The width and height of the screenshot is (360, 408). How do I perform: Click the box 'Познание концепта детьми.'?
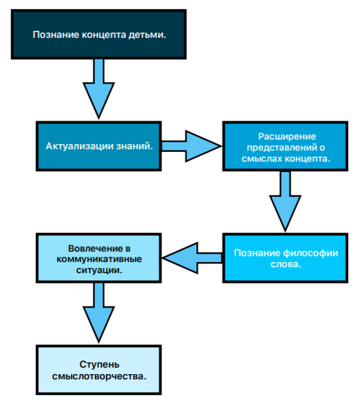point(98,33)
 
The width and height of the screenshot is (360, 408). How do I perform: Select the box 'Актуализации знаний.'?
point(98,146)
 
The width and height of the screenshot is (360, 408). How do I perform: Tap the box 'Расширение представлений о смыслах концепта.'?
point(286,146)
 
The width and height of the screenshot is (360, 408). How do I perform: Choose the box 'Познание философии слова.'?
point(286,259)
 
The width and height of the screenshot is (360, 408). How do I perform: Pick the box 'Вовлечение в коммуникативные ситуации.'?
point(98,259)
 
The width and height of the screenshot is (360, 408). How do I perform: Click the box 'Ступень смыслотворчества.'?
point(98,370)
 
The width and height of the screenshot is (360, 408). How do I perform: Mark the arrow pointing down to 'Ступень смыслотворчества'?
point(98,313)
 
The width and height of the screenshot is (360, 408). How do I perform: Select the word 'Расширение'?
point(286,136)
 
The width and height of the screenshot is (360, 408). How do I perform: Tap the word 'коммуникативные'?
point(98,259)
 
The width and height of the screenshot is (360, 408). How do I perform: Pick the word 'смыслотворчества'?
point(98,376)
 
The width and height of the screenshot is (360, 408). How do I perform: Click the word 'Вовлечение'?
point(91,248)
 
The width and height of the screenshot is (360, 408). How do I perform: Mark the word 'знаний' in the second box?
point(137,146)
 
